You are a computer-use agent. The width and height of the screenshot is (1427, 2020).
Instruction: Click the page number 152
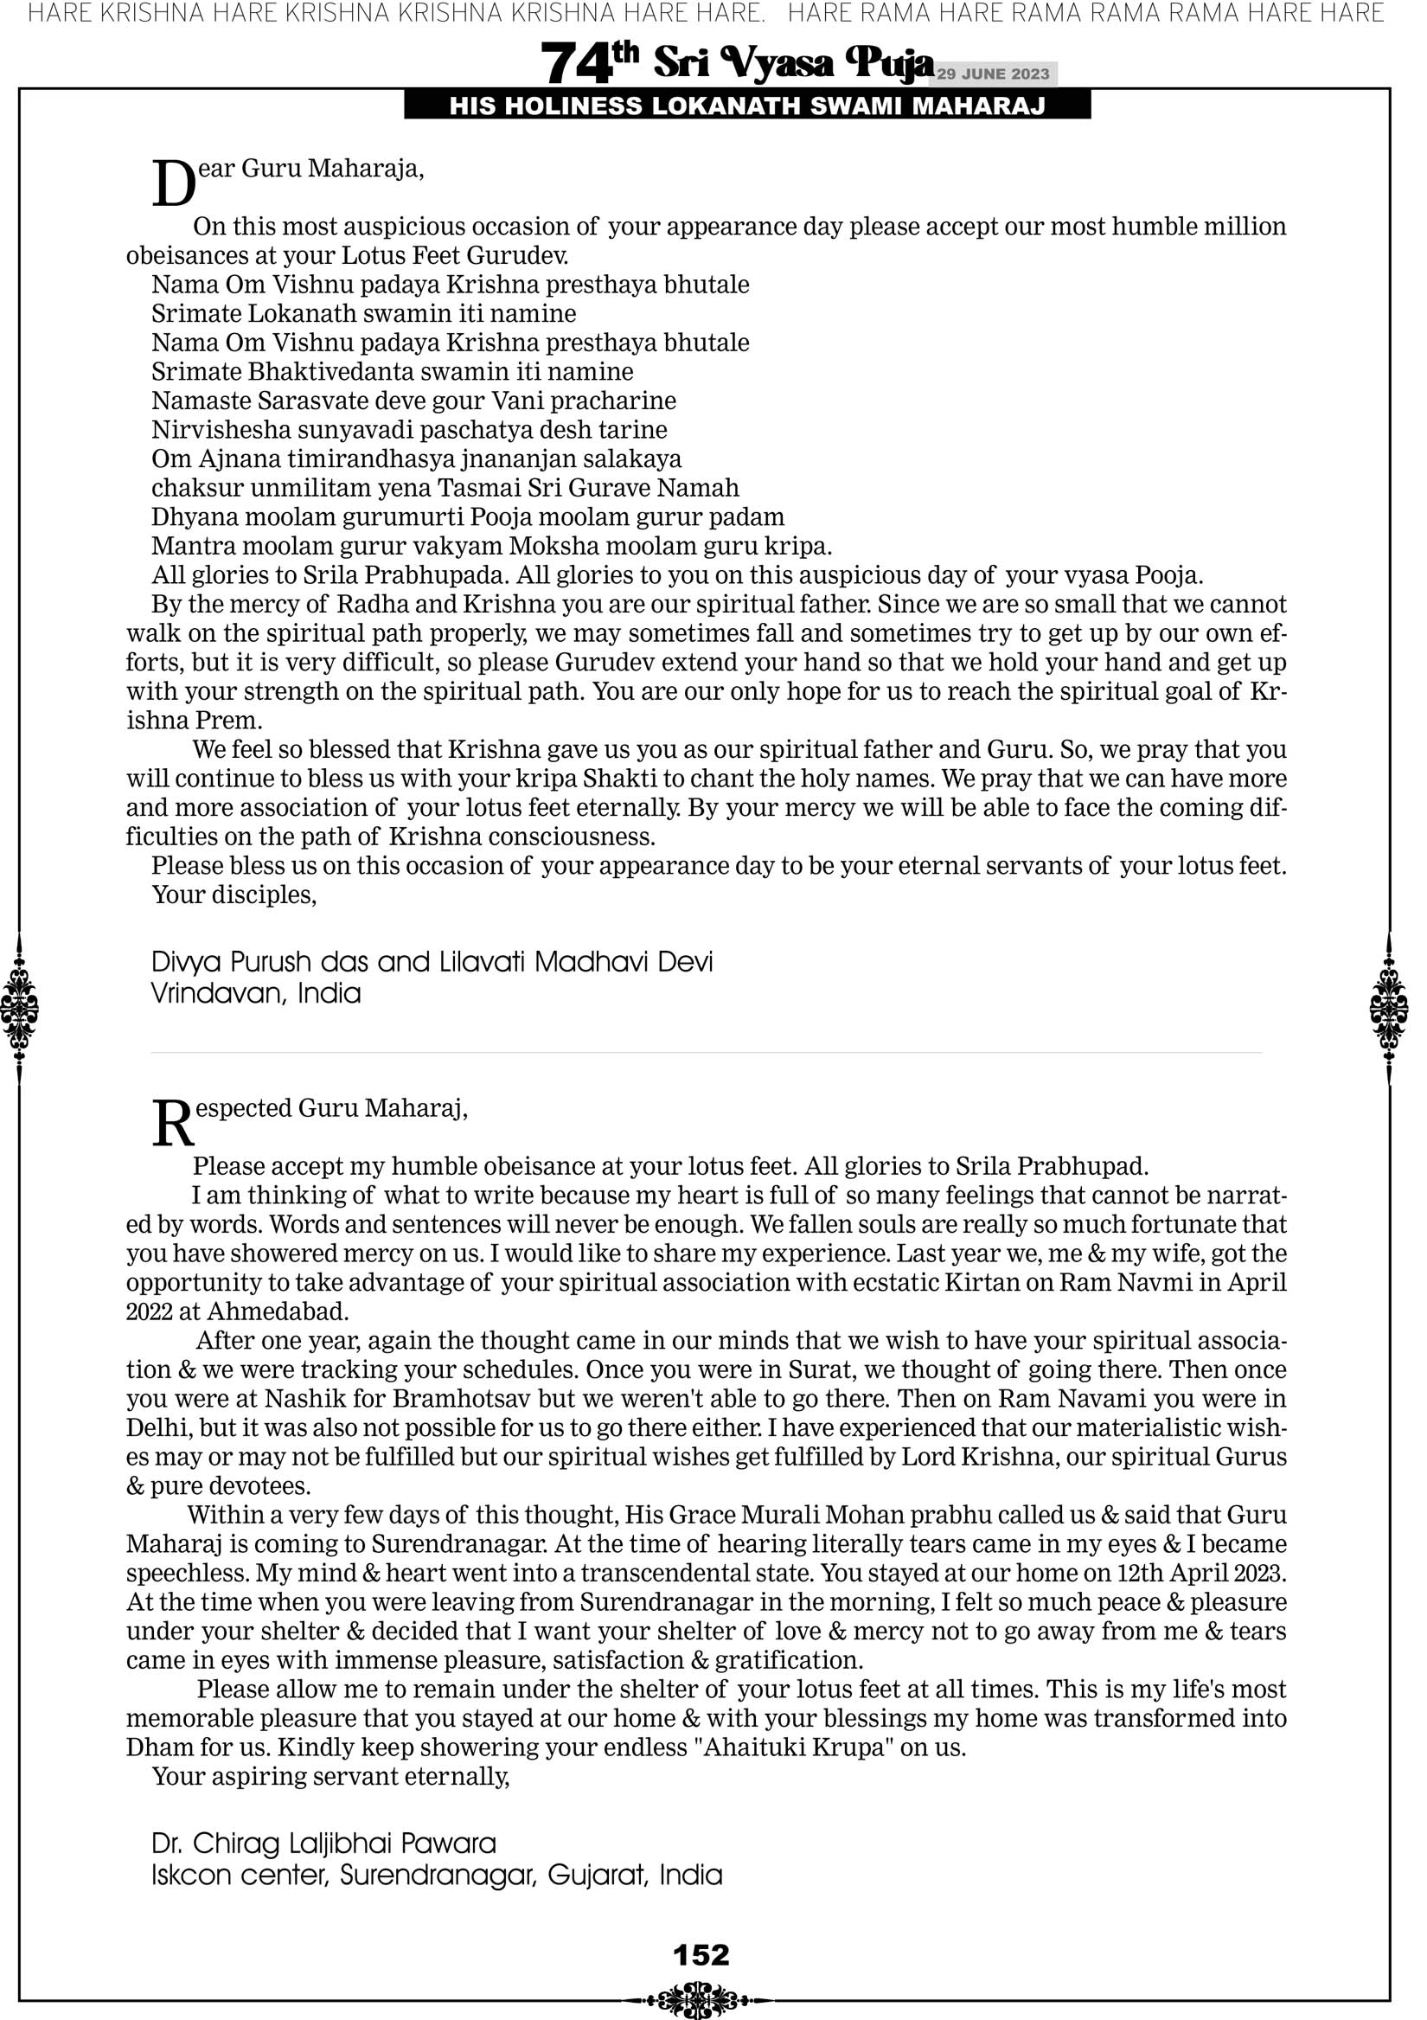point(701,1955)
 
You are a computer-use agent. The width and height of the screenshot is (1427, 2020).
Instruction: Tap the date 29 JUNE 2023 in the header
point(992,74)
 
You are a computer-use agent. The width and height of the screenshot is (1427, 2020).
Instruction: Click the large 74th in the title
point(589,64)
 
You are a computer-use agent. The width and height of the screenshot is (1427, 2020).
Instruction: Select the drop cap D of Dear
point(173,184)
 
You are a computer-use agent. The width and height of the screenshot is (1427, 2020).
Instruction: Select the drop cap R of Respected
point(172,1124)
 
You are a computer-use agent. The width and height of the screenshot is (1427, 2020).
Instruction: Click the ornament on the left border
point(19,1008)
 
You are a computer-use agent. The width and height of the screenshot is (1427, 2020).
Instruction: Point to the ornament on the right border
point(1389,1008)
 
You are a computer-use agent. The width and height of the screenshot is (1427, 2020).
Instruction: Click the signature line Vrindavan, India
point(256,994)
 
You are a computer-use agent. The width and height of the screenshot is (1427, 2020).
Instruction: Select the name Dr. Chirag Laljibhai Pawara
point(323,1844)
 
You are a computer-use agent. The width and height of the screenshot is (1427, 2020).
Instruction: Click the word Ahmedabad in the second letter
point(277,1311)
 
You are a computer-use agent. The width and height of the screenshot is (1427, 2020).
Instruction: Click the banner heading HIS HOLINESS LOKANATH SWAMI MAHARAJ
point(747,106)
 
